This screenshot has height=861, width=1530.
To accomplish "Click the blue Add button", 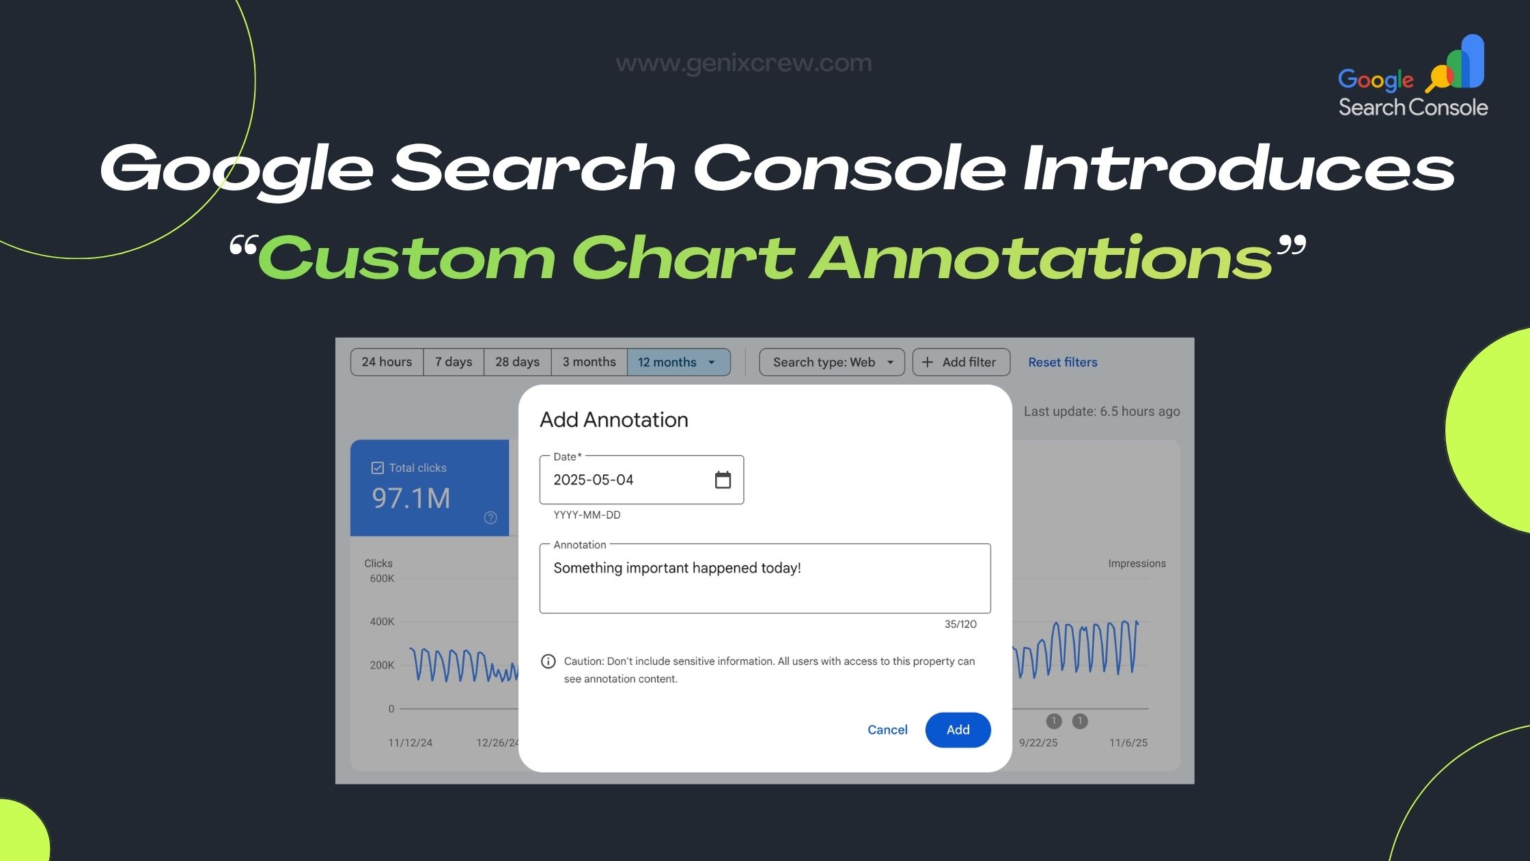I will tap(958, 730).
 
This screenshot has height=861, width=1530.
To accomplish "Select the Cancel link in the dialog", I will tap(887, 730).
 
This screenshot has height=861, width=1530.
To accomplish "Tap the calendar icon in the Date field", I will tap(723, 480).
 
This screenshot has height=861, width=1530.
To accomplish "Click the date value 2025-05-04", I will tap(594, 480).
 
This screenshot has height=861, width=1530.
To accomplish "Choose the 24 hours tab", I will tap(387, 362).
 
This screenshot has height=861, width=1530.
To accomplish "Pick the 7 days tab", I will tap(454, 362).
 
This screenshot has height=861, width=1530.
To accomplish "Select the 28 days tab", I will tap(517, 362).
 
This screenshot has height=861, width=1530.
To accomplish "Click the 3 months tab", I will tap(589, 362).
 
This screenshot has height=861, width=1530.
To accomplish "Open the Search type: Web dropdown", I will tap(832, 362).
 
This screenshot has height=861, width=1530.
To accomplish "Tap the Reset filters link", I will tap(1063, 362).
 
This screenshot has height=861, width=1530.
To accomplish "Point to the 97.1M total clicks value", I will tap(411, 498).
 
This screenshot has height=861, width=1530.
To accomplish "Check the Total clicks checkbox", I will tap(377, 468).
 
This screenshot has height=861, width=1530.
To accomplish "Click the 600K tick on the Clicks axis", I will tap(382, 579).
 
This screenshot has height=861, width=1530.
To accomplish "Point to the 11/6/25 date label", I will tap(1128, 743).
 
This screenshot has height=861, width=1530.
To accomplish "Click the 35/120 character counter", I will tap(960, 625).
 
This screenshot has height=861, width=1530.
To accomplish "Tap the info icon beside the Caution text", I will tap(548, 661).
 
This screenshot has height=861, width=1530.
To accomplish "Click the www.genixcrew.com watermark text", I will tap(744, 63).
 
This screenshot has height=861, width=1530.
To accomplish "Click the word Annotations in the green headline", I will tap(1041, 258).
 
